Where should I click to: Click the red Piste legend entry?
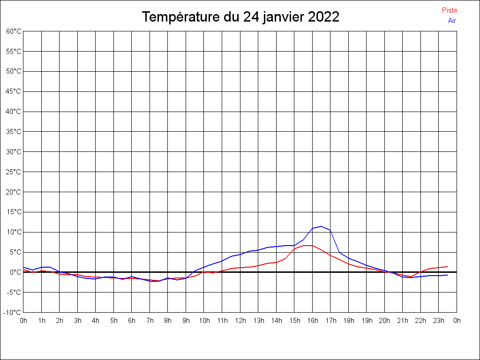pos(449,10)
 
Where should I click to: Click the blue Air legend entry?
pos(452,21)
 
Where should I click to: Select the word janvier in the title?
pos(283,17)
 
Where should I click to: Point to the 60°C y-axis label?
pos(14,31)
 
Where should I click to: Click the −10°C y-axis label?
pos(13,313)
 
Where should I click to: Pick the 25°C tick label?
pos(14,172)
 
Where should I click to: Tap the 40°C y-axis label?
pos(14,112)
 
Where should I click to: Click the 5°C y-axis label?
pos(15,252)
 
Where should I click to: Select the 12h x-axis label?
pos(240,321)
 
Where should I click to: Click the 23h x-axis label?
pos(438,321)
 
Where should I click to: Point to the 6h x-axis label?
pos(132,321)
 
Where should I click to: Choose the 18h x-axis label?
pos(348,321)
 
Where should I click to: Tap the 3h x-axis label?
pos(77,321)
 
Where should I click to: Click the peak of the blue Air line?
pos(321,226)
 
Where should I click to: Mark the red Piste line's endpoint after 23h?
pos(447,266)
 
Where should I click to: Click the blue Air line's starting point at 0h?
pos(23,267)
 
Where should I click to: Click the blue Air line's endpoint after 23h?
pos(447,275)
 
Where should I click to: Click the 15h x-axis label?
pos(294,321)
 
